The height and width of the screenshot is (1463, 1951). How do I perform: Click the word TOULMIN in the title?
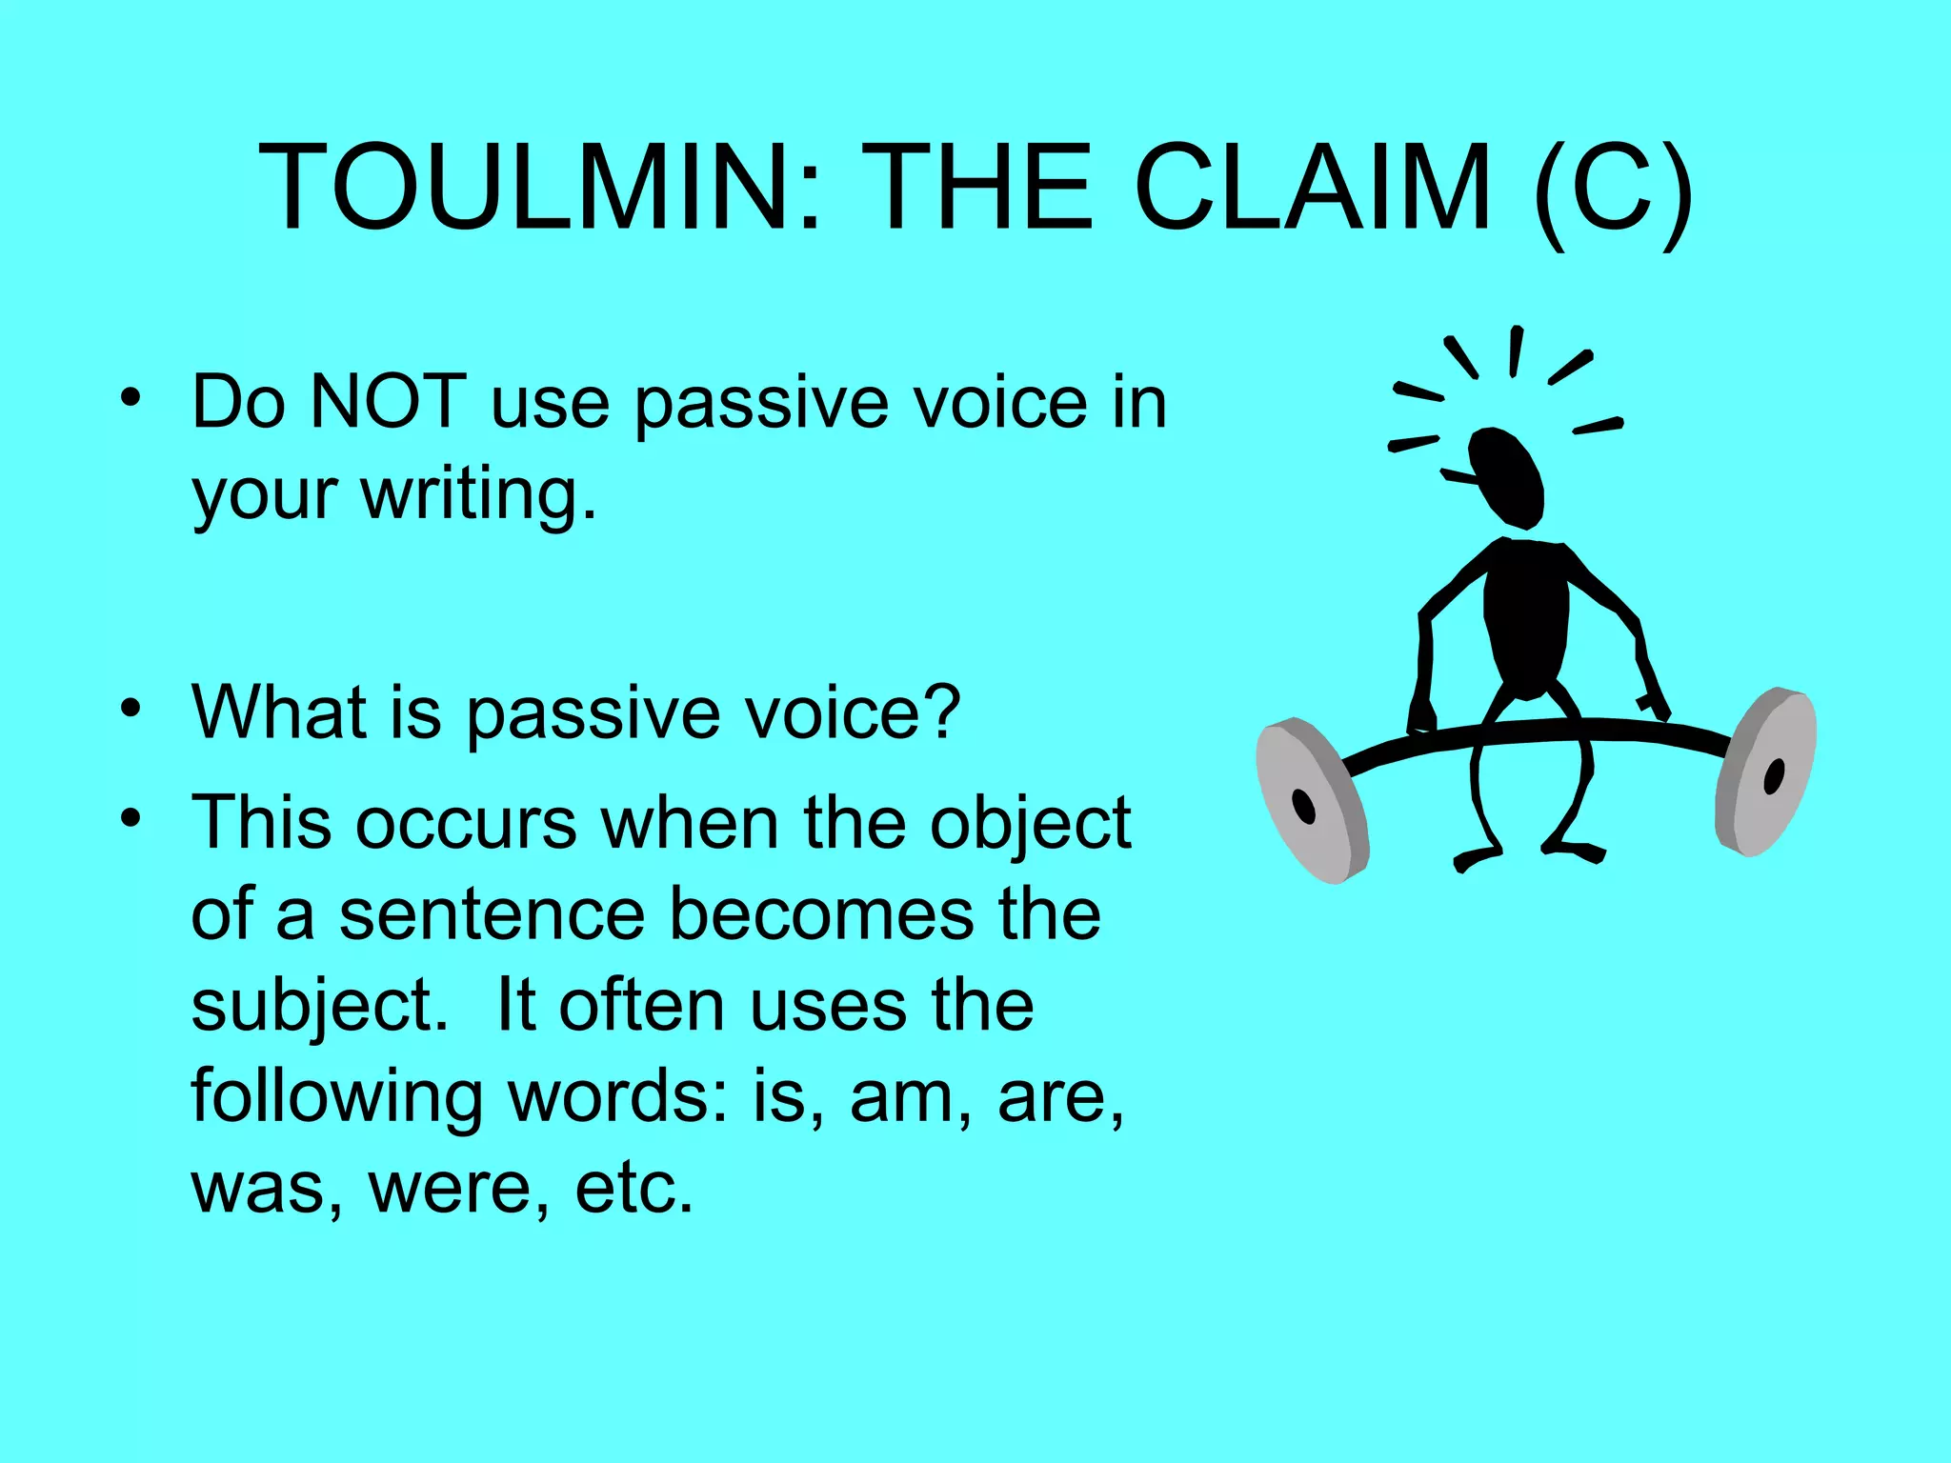pyautogui.click(x=525, y=188)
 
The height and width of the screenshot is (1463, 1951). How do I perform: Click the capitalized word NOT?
pyautogui.click(x=389, y=402)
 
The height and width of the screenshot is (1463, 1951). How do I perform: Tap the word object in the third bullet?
pyautogui.click(x=1030, y=824)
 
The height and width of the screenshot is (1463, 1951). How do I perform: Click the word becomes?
pyautogui.click(x=822, y=914)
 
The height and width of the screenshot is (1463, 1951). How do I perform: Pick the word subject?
pyautogui.click(x=319, y=1007)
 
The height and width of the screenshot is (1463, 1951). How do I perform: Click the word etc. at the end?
pyautogui.click(x=634, y=1188)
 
